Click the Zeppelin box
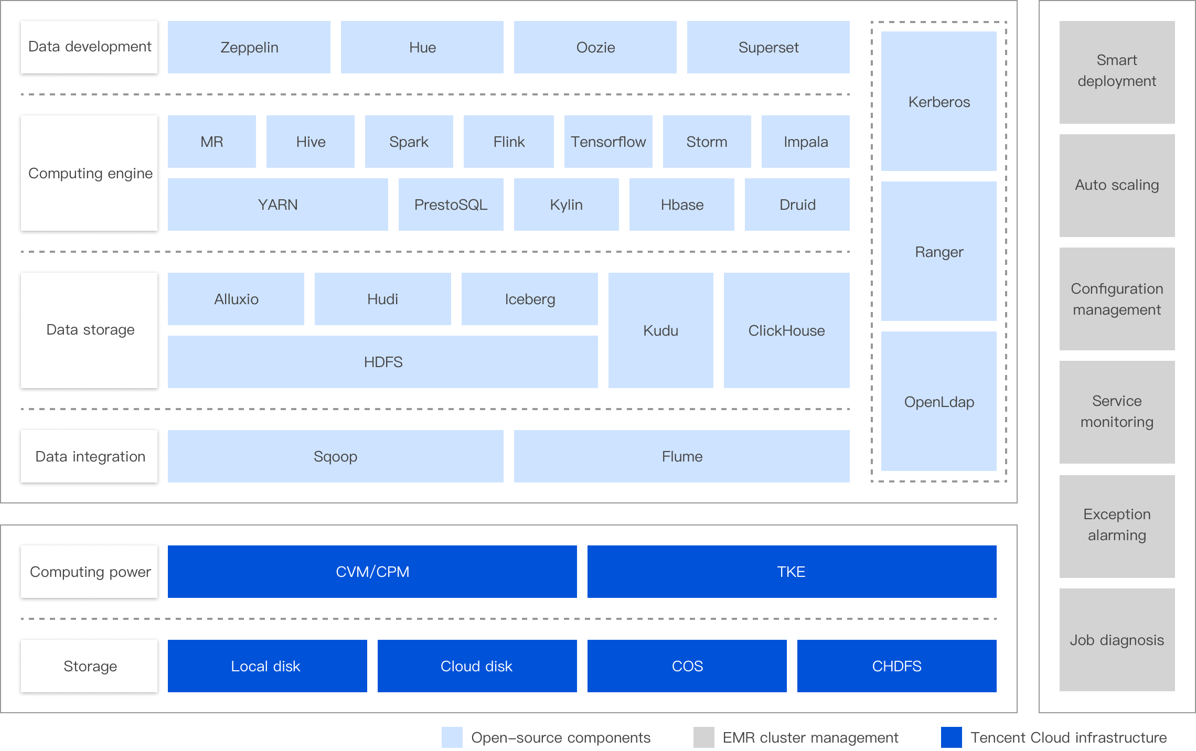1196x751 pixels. point(249,47)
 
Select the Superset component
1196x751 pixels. point(768,47)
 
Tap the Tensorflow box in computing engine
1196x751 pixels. point(608,142)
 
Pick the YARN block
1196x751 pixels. point(277,205)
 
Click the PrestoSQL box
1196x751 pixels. point(451,205)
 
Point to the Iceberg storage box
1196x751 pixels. point(529,299)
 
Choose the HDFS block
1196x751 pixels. point(382,362)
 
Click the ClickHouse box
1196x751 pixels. point(786,330)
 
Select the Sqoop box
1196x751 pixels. point(335,456)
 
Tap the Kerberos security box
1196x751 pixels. point(938,101)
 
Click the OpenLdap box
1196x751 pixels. point(938,401)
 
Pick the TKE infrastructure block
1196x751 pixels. point(792,572)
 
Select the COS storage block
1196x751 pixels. point(687,666)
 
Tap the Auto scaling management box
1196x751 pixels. point(1117,185)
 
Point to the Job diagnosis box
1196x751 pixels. point(1117,640)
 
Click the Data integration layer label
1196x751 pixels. point(89,456)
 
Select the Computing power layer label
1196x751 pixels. point(89,572)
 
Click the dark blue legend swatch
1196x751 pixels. point(951,737)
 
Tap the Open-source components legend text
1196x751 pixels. point(560,737)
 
